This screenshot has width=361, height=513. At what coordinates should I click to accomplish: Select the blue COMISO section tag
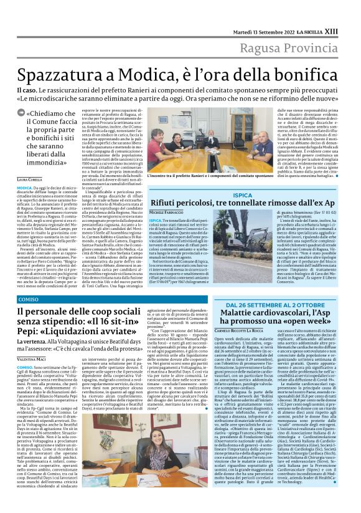(x=28, y=299)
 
